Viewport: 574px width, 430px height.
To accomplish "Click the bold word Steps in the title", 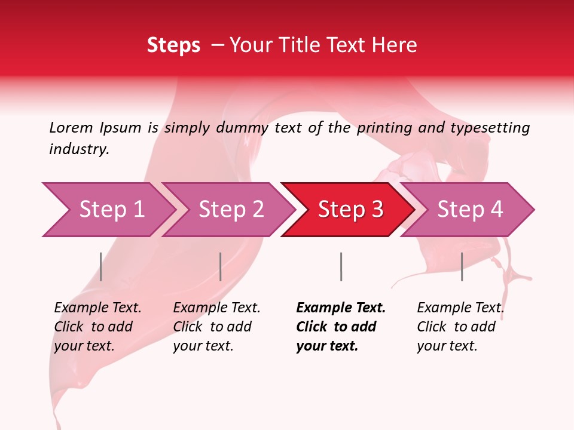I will point(173,45).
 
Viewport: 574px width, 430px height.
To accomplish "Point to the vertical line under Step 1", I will point(101,266).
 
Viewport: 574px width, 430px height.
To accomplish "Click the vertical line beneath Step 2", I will point(221,266).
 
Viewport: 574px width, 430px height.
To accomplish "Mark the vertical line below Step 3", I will point(341,266).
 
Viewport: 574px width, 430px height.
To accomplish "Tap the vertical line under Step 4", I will point(462,266).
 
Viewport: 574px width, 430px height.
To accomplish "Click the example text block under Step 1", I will point(97,327).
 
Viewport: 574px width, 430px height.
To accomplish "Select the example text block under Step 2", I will point(216,327).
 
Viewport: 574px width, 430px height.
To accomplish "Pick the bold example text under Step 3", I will point(340,327).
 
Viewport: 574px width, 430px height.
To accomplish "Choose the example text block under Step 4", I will point(460,327).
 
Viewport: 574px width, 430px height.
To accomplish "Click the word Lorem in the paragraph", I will point(71,127).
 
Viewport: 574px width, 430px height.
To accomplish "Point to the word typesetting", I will point(490,128).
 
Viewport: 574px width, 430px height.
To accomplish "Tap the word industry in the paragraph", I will point(78,149).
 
